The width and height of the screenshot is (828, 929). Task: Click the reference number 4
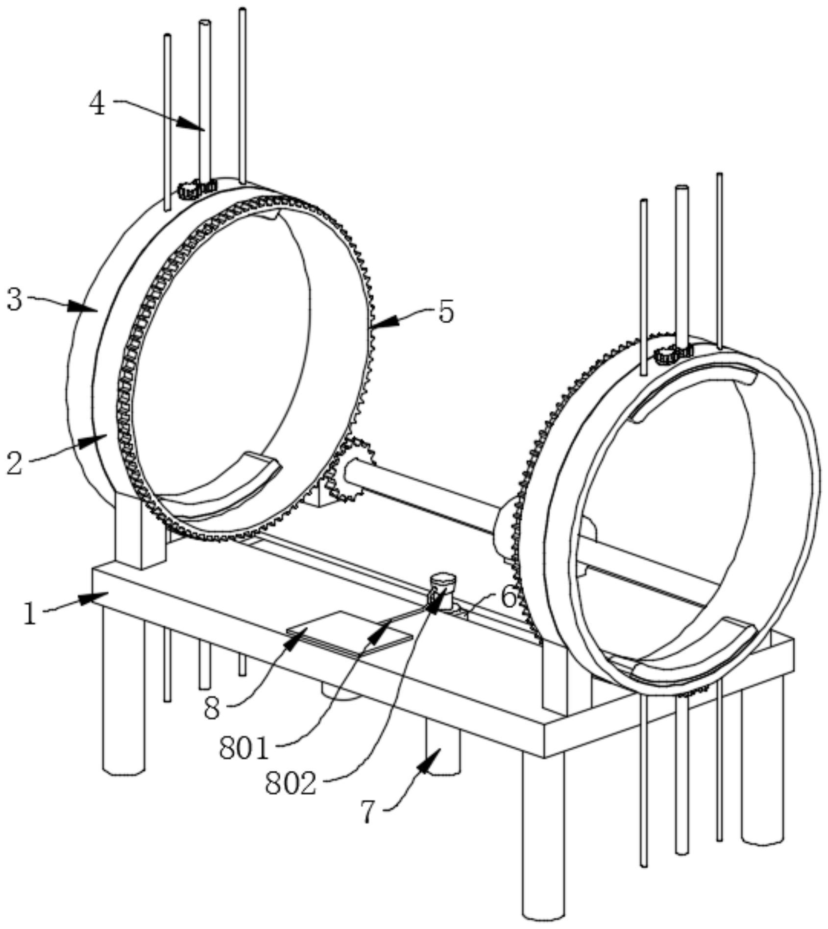click(98, 104)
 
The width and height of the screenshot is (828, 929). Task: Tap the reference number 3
click(15, 299)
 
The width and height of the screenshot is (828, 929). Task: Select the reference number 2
click(15, 463)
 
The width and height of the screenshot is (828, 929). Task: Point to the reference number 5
click(445, 311)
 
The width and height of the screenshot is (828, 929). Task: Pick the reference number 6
click(509, 597)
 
